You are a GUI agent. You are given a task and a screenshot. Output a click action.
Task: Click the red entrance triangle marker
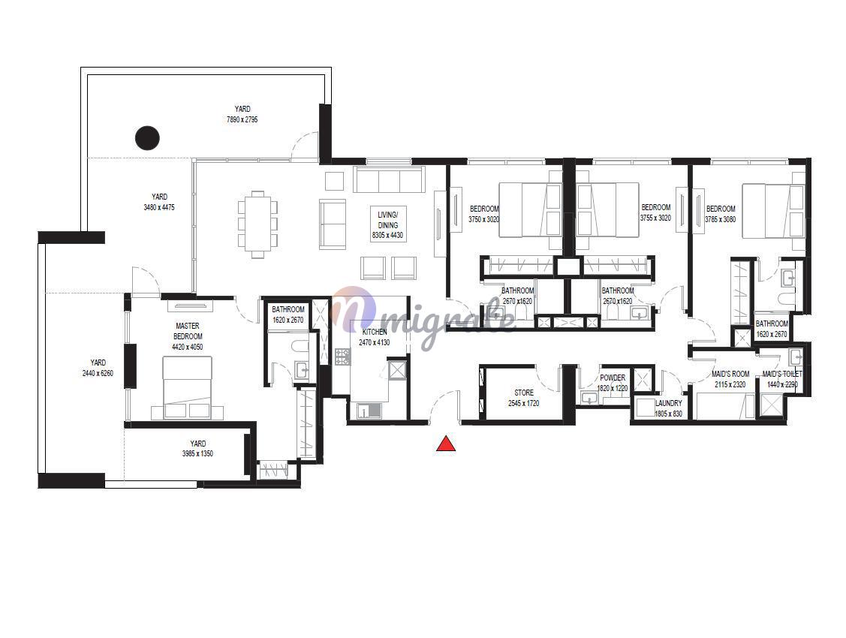pyautogui.click(x=446, y=444)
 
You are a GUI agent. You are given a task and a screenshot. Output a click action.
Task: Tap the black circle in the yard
pyautogui.click(x=147, y=137)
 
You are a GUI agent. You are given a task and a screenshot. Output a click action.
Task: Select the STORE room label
pyautogui.click(x=524, y=393)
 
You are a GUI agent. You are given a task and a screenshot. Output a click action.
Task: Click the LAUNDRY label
pyautogui.click(x=669, y=403)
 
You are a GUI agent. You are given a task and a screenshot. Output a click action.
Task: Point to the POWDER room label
pyautogui.click(x=613, y=378)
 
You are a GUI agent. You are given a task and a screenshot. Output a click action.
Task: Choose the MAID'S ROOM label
pyautogui.click(x=730, y=374)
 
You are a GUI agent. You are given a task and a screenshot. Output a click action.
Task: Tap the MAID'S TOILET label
pyautogui.click(x=782, y=374)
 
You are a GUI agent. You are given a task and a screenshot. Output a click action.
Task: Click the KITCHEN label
pyautogui.click(x=375, y=332)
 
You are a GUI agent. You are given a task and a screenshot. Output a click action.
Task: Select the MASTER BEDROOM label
pyautogui.click(x=188, y=331)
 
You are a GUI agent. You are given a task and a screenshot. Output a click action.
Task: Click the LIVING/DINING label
pyautogui.click(x=388, y=219)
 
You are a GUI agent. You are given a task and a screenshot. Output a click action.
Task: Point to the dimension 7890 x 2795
pyautogui.click(x=242, y=119)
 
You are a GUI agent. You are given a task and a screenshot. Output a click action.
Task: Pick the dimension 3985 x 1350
pyautogui.click(x=197, y=453)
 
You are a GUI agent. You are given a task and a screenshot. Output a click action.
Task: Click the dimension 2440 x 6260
pyautogui.click(x=98, y=372)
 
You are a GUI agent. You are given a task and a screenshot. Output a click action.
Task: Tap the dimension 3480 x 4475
pyautogui.click(x=159, y=207)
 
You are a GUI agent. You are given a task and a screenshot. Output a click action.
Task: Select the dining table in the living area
pyautogui.click(x=258, y=224)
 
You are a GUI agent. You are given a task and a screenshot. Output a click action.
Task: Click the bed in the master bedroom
pyautogui.click(x=187, y=387)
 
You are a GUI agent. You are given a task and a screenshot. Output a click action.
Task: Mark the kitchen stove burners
pyautogui.click(x=343, y=357)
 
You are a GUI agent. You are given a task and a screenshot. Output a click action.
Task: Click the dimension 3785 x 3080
pyautogui.click(x=721, y=219)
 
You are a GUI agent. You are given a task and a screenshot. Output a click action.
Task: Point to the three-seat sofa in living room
pyautogui.click(x=389, y=179)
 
